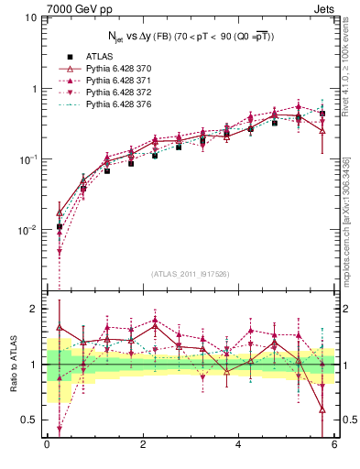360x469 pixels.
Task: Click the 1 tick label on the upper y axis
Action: click(x=34, y=89)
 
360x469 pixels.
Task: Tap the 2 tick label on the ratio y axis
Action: click(x=34, y=309)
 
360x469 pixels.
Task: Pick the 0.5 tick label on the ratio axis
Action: click(x=29, y=420)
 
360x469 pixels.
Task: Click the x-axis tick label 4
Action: click(x=238, y=445)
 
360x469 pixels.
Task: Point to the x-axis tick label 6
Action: click(x=334, y=445)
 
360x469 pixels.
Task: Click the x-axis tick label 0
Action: click(x=47, y=445)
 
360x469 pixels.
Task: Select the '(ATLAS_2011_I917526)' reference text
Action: click(x=190, y=273)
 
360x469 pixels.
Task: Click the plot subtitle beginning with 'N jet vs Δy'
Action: click(x=190, y=36)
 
